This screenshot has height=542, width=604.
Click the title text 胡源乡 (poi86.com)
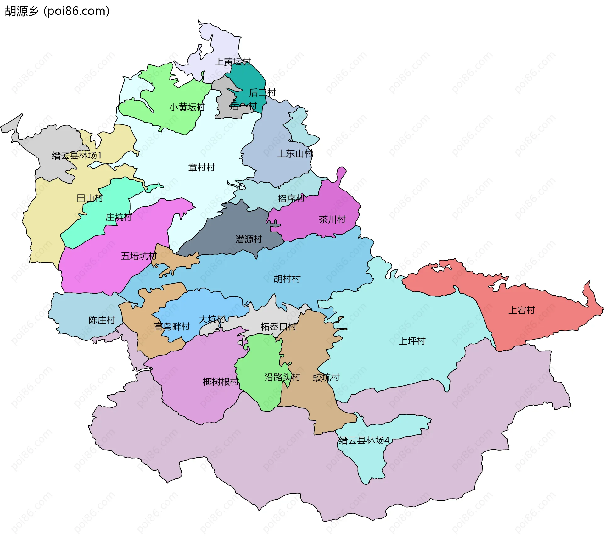57,11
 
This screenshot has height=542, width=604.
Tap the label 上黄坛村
232,62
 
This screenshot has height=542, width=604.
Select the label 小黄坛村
187,107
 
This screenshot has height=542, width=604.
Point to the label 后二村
262,92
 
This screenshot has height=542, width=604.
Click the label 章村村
201,167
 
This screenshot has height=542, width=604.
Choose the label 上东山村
295,153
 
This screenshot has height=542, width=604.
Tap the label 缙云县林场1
77,155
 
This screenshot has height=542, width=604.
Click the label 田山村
90,198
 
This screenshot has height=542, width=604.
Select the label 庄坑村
119,217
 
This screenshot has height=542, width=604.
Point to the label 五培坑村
139,256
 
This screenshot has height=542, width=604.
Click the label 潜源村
249,239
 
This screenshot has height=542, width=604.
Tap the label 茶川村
332,219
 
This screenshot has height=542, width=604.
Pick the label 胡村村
287,279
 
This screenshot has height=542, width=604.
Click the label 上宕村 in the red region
522,310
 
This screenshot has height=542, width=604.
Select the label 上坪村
412,341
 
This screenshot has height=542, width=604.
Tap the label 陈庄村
102,320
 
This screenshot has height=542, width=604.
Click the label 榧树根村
221,382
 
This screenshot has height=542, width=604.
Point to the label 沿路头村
282,377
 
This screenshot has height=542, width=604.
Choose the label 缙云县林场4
364,440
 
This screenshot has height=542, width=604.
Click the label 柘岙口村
278,327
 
